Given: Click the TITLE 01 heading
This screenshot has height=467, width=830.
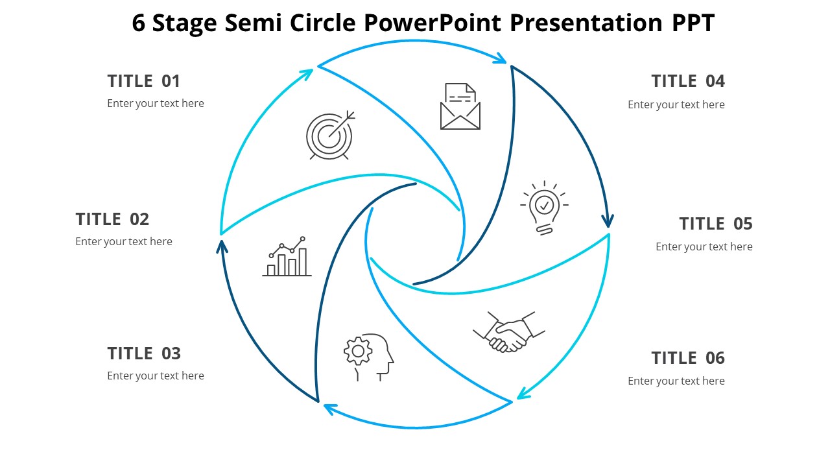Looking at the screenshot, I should (143, 81).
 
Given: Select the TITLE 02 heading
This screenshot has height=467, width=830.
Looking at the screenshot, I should (112, 219).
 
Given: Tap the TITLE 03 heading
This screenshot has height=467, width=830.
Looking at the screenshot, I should (144, 353).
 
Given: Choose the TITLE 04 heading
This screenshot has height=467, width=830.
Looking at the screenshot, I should (688, 81).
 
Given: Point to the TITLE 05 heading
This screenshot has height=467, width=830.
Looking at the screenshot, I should (716, 224).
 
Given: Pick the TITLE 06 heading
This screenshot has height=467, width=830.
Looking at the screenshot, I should (688, 358).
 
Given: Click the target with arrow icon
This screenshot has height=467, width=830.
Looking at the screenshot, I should (331, 135).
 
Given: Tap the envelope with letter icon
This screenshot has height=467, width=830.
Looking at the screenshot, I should (460, 106).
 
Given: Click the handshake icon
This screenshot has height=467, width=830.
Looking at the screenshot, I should (509, 332).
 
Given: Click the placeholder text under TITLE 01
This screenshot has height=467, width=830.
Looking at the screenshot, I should (156, 104).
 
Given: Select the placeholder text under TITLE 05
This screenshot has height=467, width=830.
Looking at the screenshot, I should (704, 247).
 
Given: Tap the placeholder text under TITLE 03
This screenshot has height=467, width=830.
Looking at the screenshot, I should (156, 376).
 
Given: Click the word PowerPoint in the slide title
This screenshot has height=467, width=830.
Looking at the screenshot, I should (433, 23).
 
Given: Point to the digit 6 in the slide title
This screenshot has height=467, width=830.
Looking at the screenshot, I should (139, 23).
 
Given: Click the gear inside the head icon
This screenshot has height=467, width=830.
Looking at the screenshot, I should (357, 351).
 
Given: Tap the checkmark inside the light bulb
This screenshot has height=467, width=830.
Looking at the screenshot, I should (545, 205).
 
